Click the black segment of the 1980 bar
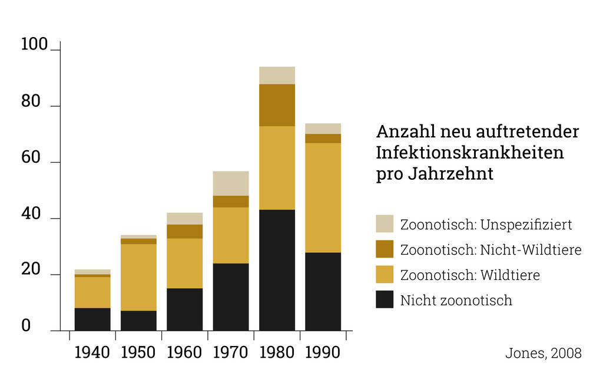coord(277,270)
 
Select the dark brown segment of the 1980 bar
coord(277,105)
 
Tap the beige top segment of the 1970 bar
coord(231,183)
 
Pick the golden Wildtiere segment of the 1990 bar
coord(323,197)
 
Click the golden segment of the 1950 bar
coord(138,277)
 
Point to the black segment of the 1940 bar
coord(92,319)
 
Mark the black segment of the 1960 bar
coord(184,309)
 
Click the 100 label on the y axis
coord(34,45)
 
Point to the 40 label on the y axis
coord(31,215)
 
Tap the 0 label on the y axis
coord(26,326)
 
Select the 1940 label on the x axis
coord(92,352)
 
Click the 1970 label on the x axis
coord(231,352)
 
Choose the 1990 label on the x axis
coord(323,352)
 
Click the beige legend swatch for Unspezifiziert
coord(385,224)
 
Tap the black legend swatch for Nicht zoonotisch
coord(385,299)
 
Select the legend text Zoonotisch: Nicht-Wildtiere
coord(491,250)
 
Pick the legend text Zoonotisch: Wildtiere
coord(470,275)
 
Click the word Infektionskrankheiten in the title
coord(469,153)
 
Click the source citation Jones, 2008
coord(543,353)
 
